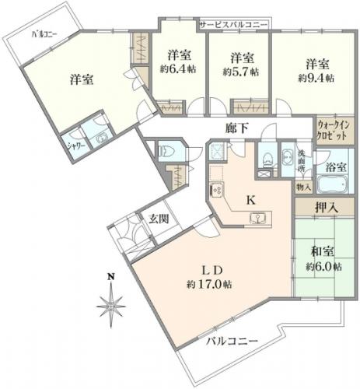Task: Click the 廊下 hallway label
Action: point(237,128)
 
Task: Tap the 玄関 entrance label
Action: point(159,219)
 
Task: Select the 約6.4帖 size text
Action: point(178,69)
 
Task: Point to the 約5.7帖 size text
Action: point(241,72)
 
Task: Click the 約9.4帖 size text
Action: point(316,78)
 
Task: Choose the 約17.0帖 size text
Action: point(209,285)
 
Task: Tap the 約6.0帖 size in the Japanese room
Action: point(323,267)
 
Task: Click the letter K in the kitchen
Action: point(250,200)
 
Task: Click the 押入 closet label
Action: point(327,208)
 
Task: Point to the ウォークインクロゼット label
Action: point(334,131)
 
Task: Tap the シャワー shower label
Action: point(76,146)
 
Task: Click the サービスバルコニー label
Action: point(233,25)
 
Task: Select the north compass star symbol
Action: point(111,306)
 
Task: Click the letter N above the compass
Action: point(111,277)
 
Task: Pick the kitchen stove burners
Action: point(216,190)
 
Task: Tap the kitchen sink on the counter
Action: point(257,218)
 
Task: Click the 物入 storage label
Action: point(303,187)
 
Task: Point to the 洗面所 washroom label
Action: point(302,160)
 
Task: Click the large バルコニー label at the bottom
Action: point(232,341)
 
